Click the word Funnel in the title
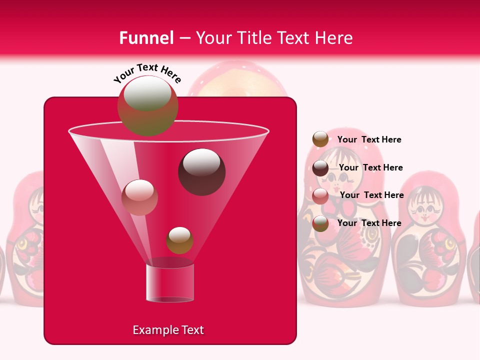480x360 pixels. coord(146,37)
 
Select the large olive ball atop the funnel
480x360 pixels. coord(147,105)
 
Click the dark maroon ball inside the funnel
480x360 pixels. coord(201,172)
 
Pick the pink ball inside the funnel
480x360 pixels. coord(139,197)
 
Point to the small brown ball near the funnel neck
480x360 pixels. coord(179,240)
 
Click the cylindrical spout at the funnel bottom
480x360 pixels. coord(169,283)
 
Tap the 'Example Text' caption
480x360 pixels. coord(168,330)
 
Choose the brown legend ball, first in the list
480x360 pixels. coord(320,139)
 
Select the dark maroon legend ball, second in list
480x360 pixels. coord(320,168)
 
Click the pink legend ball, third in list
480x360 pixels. coord(320,195)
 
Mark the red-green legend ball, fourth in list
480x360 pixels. coord(320,223)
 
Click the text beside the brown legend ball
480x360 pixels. coord(369,139)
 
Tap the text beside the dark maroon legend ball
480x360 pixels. coord(370,167)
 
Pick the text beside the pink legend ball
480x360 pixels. coord(371,195)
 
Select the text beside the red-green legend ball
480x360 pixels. coord(369,223)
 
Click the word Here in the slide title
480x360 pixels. coord(334,37)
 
